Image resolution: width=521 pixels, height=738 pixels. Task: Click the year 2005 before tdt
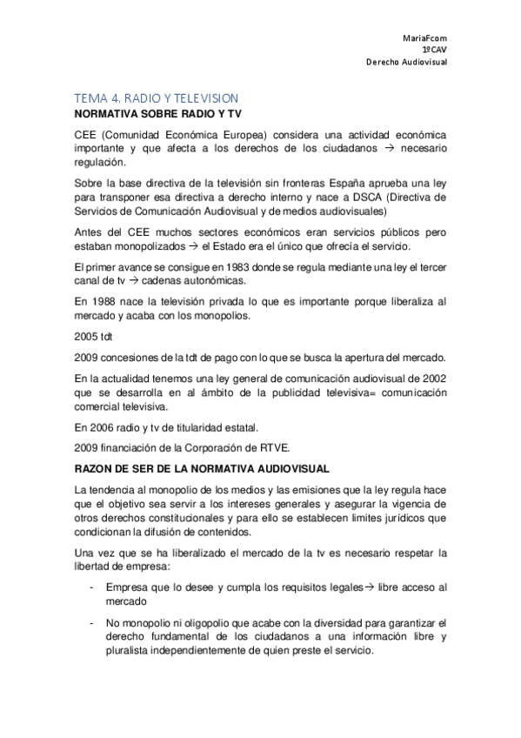click(x=88, y=335)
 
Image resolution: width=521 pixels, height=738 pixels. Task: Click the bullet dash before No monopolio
click(x=93, y=623)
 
